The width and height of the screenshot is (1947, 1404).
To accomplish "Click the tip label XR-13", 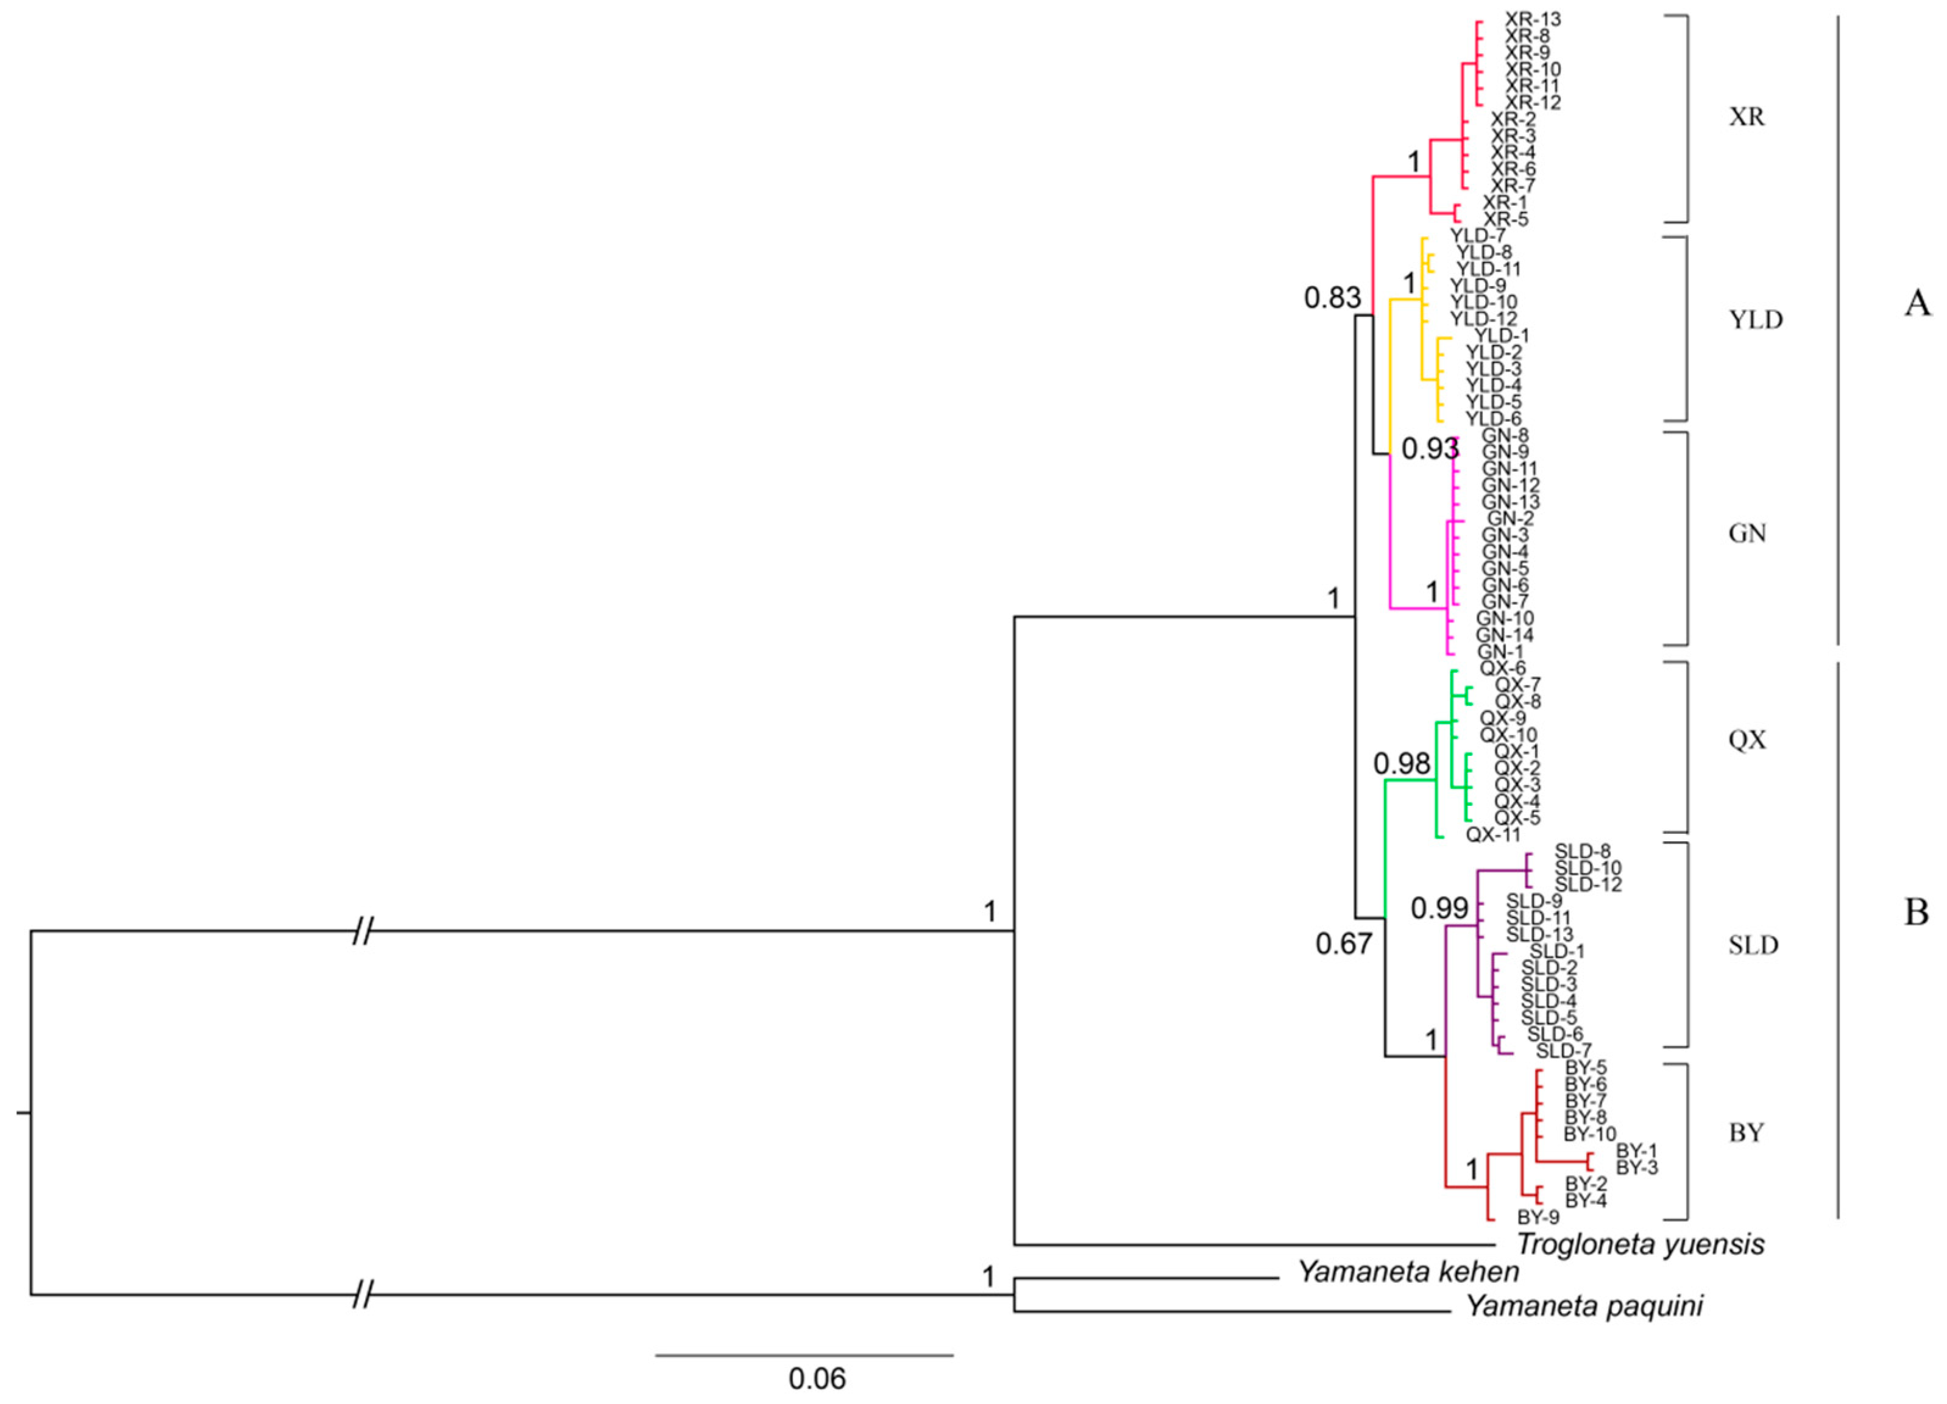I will (1533, 19).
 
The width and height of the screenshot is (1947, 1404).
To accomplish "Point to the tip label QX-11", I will (1493, 833).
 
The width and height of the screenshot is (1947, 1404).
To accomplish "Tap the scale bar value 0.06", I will (817, 1378).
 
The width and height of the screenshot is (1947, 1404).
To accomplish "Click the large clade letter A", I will (1917, 303).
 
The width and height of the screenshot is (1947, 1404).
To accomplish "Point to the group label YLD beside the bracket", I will (1756, 320).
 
